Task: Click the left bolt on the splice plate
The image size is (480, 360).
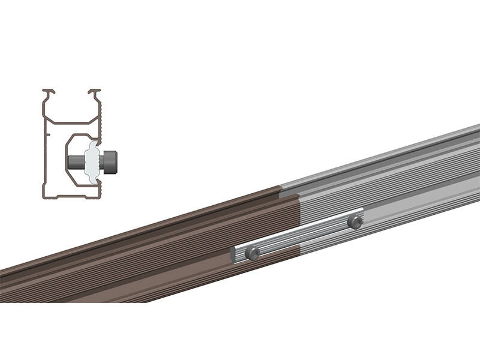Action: coord(253,253)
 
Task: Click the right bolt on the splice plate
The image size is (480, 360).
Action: coord(355,222)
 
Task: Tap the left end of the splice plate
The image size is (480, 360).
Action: coord(233,255)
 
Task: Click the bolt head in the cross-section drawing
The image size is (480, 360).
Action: coord(110,161)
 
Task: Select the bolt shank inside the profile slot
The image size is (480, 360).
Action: coord(76,161)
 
